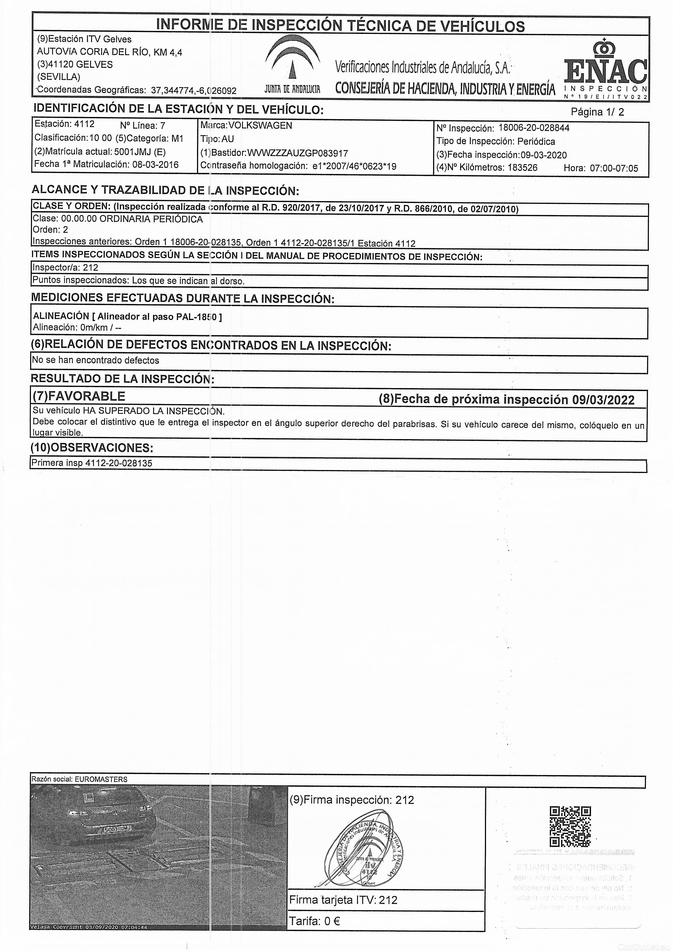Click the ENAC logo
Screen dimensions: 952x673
click(x=605, y=68)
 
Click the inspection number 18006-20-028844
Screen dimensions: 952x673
click(x=534, y=128)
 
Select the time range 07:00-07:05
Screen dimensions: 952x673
click(x=614, y=168)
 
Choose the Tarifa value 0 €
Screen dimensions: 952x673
click(x=331, y=921)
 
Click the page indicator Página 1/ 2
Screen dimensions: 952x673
click(x=597, y=112)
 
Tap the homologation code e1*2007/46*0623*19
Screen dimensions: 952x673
click(x=354, y=166)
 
